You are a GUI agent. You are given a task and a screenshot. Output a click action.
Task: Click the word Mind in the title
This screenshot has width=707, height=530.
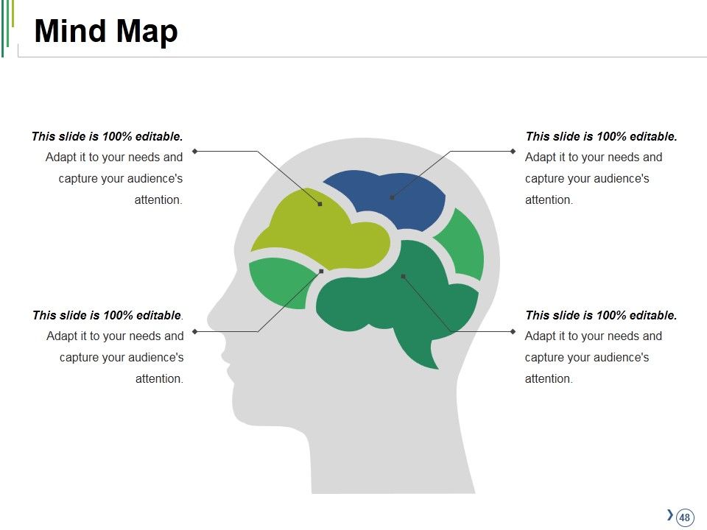click(x=71, y=31)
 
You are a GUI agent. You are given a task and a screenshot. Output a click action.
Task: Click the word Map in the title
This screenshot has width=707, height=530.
click(x=147, y=32)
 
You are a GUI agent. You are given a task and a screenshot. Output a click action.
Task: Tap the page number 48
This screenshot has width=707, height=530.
click(x=684, y=517)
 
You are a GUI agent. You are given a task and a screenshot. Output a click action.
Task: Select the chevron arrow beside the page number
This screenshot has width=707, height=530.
click(x=670, y=515)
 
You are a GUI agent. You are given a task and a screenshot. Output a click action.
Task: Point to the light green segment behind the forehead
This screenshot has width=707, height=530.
click(x=280, y=282)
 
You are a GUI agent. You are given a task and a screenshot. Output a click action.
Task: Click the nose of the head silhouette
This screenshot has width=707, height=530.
click(x=213, y=318)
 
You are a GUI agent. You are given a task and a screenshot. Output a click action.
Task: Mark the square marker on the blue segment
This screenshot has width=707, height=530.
click(x=392, y=197)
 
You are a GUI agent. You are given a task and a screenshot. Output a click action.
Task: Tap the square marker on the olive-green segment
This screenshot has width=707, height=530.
click(x=320, y=204)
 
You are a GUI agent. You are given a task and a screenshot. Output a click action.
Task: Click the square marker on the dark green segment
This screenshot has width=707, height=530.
click(x=403, y=276)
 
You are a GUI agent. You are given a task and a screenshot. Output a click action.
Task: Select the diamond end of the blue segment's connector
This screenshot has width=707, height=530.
click(x=513, y=151)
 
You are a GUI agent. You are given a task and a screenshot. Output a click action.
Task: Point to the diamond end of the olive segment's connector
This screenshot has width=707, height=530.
click(x=194, y=151)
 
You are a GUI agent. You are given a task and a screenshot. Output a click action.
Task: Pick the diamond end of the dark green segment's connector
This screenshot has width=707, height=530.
click(x=513, y=331)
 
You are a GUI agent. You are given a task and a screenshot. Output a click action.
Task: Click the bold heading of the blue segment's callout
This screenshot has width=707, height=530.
click(x=601, y=136)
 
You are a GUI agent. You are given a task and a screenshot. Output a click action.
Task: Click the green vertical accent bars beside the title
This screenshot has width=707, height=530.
click(x=8, y=27)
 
